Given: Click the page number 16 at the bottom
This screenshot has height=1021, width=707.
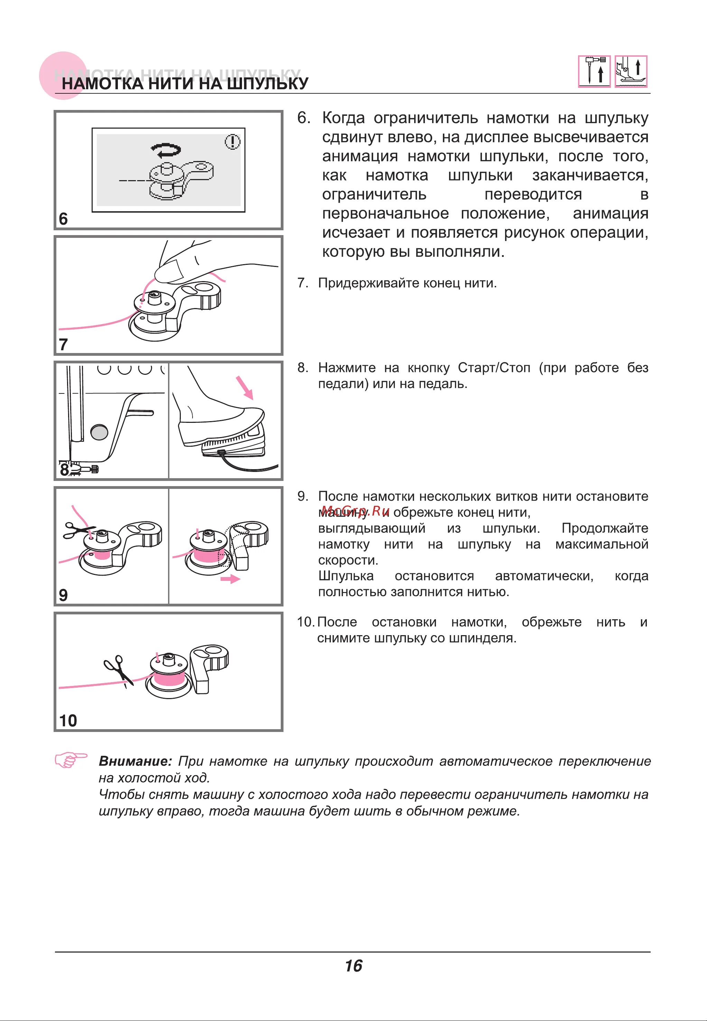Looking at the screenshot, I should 353,966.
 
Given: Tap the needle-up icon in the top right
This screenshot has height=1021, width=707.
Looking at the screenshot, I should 594,71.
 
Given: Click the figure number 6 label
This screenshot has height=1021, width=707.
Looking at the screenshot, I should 63,219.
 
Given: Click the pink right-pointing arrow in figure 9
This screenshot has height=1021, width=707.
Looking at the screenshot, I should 230,579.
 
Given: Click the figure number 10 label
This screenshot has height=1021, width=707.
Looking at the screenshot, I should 68,721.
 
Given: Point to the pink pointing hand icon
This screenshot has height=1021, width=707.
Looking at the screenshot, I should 71,760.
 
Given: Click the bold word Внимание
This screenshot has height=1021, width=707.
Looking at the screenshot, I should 135,761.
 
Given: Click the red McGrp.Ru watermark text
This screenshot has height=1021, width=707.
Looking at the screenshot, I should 355,510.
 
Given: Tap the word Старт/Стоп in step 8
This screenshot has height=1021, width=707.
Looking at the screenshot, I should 493,368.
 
